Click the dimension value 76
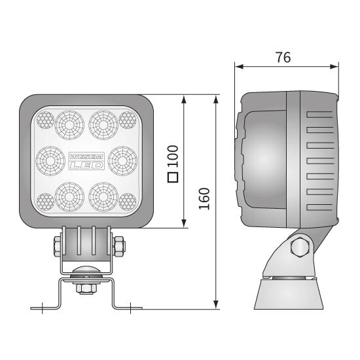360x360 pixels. click(283, 57)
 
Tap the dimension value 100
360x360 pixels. click(173, 156)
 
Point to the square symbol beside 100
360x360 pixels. click(173, 177)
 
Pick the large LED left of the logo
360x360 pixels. click(48, 158)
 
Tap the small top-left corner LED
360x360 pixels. click(45, 118)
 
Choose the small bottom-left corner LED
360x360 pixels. click(45, 200)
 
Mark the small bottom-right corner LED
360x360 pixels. click(127, 200)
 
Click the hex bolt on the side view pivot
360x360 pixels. click(299, 247)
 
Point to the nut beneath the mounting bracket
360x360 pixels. click(86, 287)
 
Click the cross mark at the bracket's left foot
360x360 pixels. click(43, 307)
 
